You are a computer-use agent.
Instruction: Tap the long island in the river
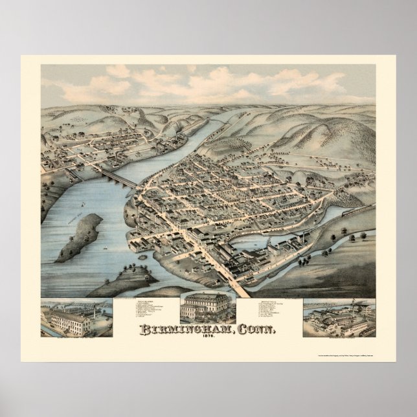(80, 237)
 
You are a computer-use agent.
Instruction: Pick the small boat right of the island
(106, 247)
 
